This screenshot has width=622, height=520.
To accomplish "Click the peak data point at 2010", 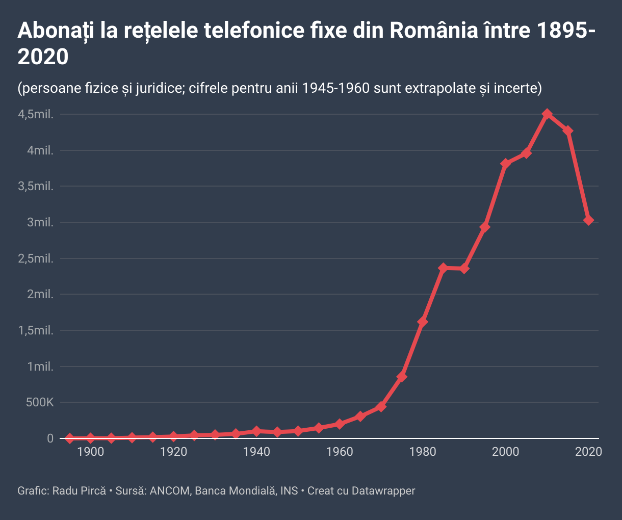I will click(547, 114).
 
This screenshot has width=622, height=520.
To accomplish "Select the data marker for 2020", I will click(589, 220).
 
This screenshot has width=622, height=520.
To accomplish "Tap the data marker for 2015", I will click(568, 131).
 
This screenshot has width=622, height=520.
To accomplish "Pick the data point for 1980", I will click(423, 322).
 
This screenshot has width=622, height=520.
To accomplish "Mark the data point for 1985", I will click(443, 268).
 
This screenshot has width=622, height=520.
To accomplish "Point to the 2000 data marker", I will click(506, 164).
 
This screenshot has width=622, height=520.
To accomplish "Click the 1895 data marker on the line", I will click(70, 438).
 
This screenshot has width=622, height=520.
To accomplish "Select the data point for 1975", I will click(402, 377).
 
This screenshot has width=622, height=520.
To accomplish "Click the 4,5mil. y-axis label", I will click(36, 114).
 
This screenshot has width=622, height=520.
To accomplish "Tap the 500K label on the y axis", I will click(39, 403).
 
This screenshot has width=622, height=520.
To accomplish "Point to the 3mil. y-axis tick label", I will click(40, 222).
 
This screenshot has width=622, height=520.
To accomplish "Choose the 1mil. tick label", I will click(40, 367).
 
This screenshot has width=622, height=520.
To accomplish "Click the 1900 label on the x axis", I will click(91, 452).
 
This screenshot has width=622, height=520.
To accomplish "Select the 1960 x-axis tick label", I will click(340, 452).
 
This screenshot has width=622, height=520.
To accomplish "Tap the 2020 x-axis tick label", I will click(589, 452).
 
